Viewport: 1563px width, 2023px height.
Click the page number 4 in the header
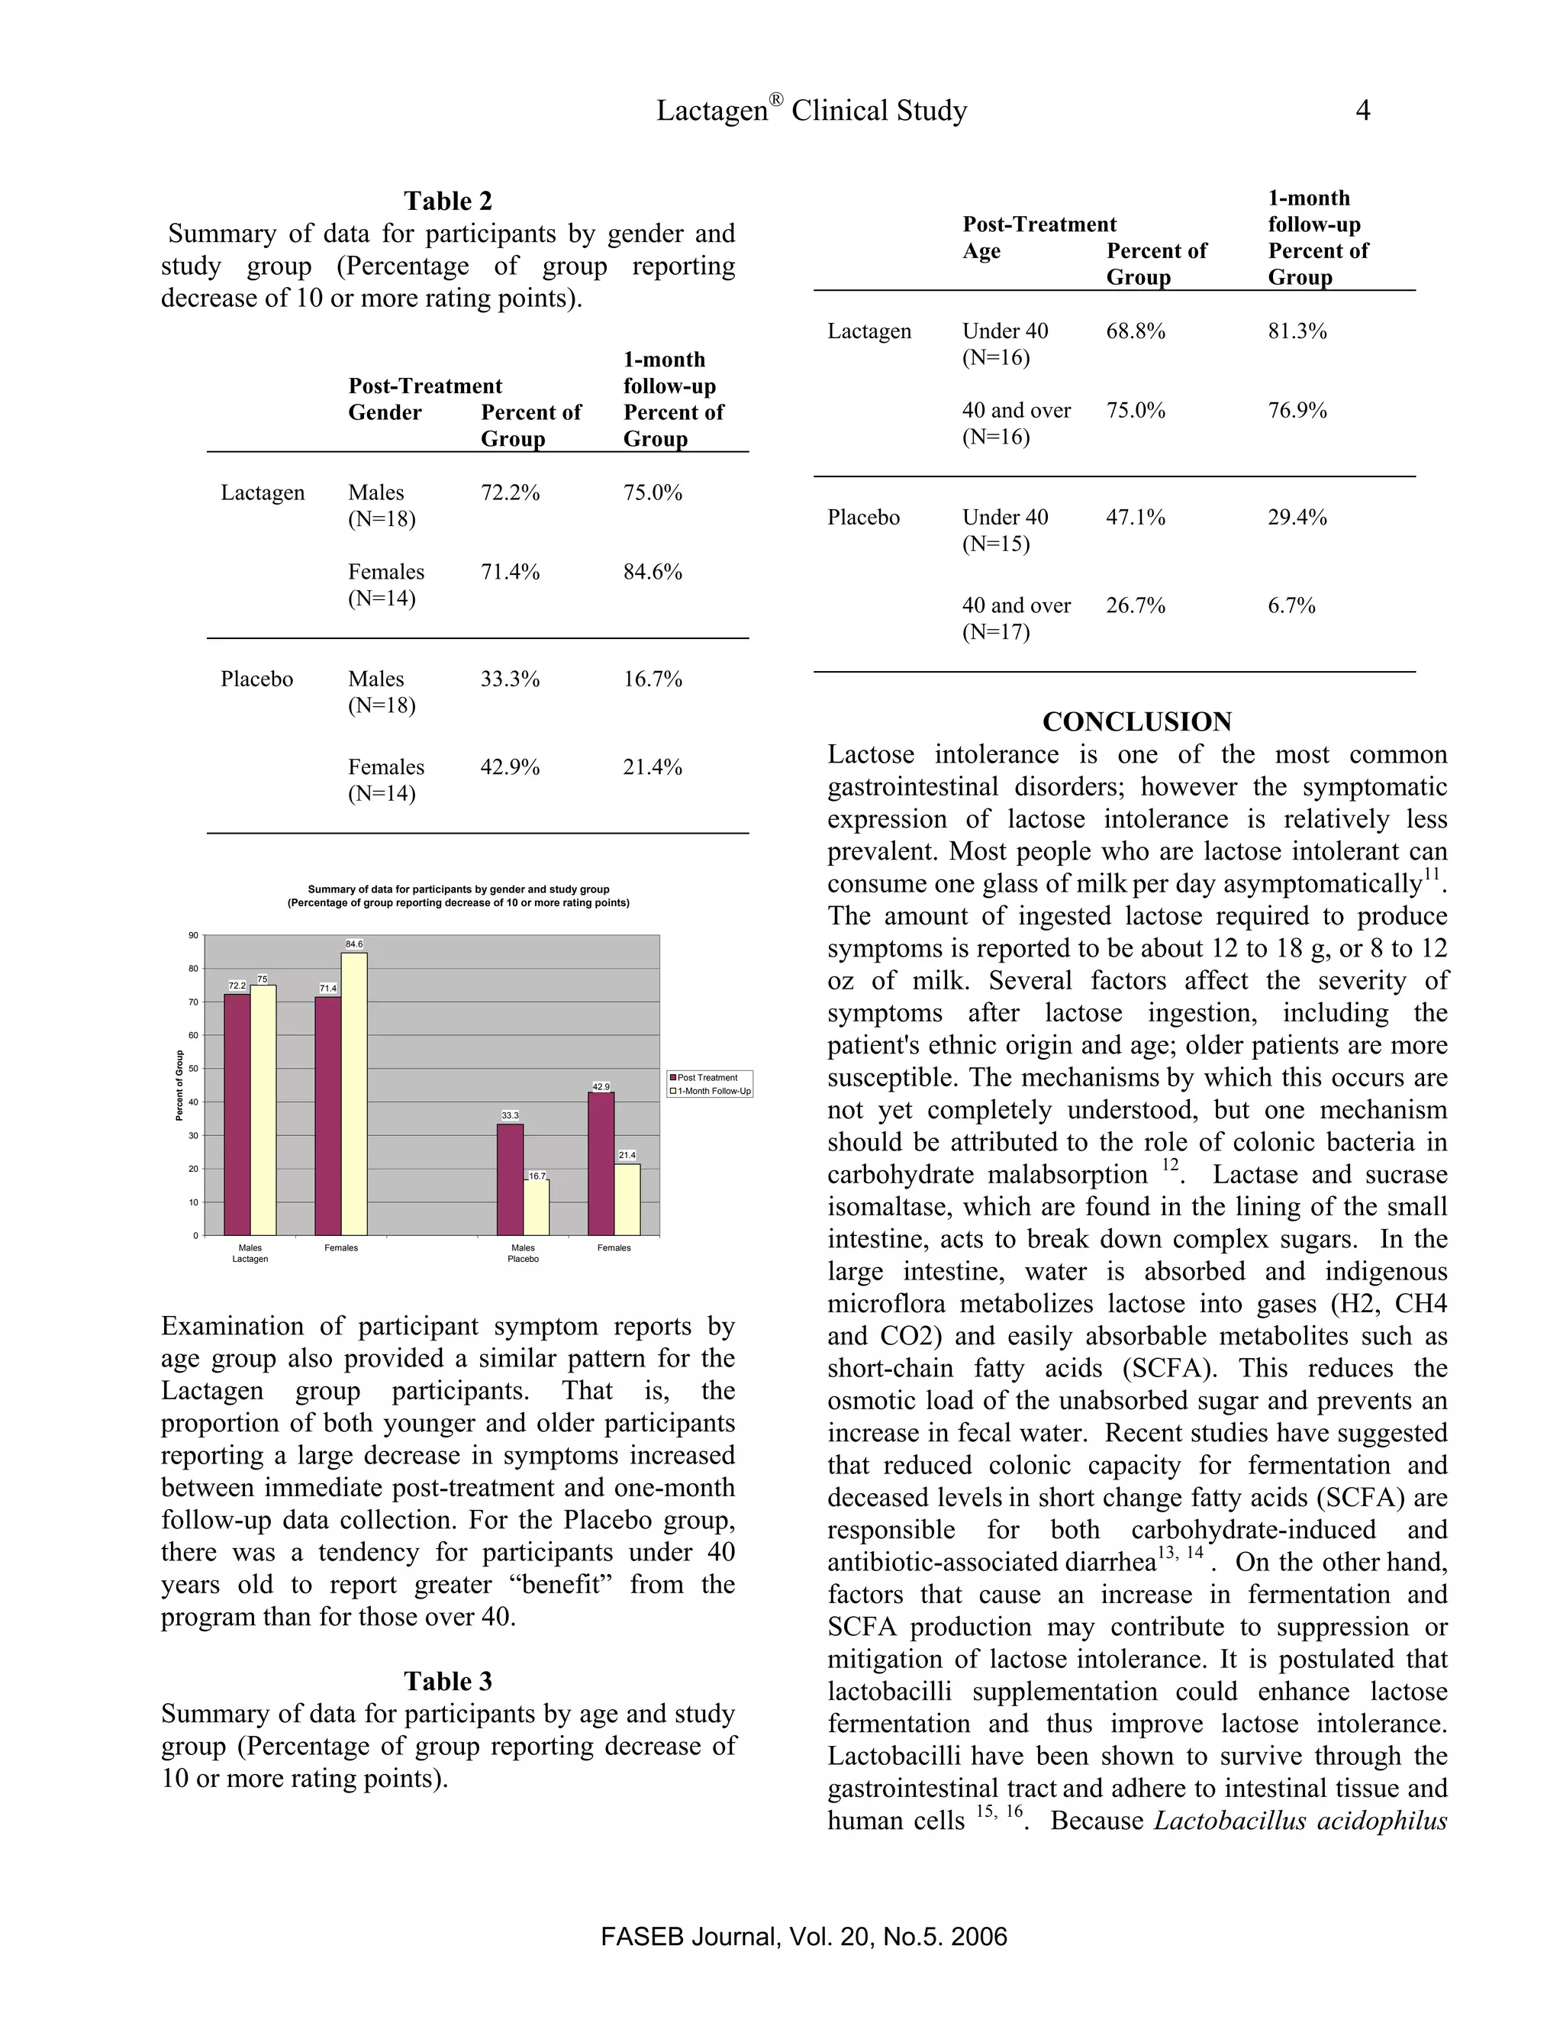[1362, 110]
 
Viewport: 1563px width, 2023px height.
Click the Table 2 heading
[447, 201]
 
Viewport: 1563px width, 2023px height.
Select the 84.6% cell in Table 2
[652, 572]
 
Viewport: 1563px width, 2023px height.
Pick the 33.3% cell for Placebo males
[509, 679]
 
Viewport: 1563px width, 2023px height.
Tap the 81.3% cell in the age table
[1297, 331]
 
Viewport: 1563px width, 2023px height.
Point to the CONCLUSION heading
[1136, 721]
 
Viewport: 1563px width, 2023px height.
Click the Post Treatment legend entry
[707, 1077]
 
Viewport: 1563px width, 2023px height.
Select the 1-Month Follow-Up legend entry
[713, 1091]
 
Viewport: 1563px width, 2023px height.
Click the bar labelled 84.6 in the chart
[353, 1093]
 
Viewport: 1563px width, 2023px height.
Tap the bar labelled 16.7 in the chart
[536, 1208]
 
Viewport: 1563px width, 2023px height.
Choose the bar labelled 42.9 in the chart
[601, 1163]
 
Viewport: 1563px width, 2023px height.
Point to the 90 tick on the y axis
[194, 936]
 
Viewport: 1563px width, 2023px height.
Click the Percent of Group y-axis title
[179, 1085]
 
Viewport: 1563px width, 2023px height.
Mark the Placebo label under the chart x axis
[523, 1259]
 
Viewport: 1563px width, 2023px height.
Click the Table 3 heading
[447, 1681]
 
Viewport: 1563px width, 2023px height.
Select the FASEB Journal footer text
[803, 1937]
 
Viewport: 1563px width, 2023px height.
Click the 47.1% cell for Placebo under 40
[1134, 517]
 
